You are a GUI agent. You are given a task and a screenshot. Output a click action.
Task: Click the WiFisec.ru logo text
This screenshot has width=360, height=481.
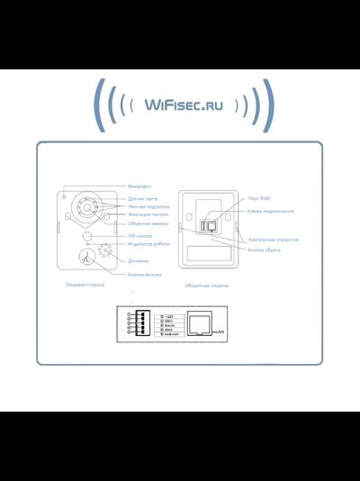tap(180, 106)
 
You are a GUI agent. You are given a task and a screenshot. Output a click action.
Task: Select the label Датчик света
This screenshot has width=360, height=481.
tap(143, 196)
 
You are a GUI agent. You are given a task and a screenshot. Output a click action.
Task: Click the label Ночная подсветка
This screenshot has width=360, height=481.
tap(148, 205)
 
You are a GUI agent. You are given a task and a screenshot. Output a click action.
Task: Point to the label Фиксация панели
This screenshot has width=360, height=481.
tap(147, 214)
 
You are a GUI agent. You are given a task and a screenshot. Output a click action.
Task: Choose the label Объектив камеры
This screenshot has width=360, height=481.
tap(147, 223)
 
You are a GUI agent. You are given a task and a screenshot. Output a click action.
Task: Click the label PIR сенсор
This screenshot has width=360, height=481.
tap(140, 236)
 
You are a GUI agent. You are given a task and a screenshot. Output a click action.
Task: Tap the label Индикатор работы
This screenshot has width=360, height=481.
tap(148, 244)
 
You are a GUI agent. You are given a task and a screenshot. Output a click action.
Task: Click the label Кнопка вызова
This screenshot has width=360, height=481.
tap(144, 274)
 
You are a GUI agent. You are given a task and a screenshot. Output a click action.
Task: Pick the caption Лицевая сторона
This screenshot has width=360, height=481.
tap(85, 285)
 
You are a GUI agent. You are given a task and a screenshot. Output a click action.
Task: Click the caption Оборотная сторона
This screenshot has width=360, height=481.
tap(206, 286)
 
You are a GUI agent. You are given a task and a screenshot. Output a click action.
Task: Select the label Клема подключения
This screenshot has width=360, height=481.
tap(270, 211)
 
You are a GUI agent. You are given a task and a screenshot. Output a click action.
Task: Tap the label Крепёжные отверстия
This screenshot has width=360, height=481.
tap(273, 240)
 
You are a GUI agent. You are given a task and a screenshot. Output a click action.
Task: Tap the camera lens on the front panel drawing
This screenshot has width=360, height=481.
tap(86, 208)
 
